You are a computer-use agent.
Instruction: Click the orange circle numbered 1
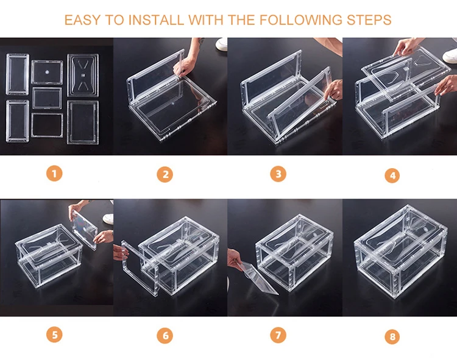point(54,174)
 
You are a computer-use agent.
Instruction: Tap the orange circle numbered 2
point(165,175)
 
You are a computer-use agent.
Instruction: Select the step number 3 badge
point(278,174)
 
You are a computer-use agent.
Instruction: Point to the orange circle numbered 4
point(392,175)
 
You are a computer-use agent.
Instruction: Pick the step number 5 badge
point(54,334)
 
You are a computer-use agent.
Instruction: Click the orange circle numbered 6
point(165,335)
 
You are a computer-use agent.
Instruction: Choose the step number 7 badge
point(278,334)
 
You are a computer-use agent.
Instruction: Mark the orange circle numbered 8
point(392,336)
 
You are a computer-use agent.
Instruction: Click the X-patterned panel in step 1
point(83,76)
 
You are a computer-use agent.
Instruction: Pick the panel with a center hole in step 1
point(47,72)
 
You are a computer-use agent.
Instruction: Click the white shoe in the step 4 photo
point(451,56)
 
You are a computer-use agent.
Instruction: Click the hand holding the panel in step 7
point(235,261)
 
